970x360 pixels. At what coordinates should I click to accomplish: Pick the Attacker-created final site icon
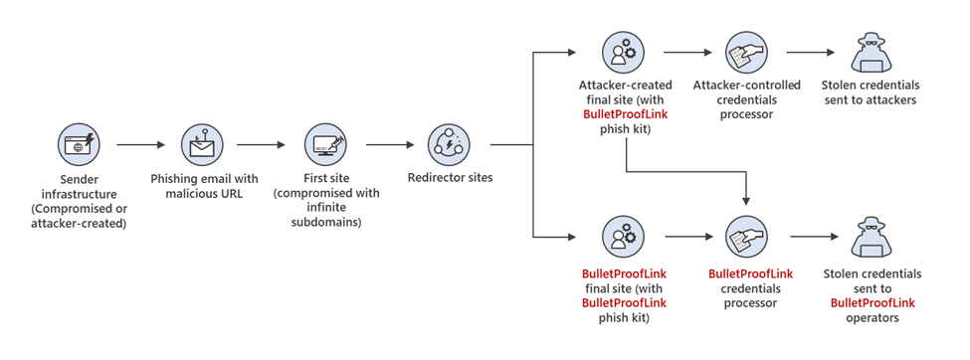623,52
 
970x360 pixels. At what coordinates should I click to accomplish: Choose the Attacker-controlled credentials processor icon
746,52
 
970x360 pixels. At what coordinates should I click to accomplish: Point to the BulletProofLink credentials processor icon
746,237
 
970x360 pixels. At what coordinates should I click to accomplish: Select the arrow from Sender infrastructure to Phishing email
140,145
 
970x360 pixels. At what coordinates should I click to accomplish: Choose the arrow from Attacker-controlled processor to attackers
809,52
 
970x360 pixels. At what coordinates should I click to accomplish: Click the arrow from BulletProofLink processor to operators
809,237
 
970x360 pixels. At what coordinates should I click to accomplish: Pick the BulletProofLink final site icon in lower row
623,237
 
